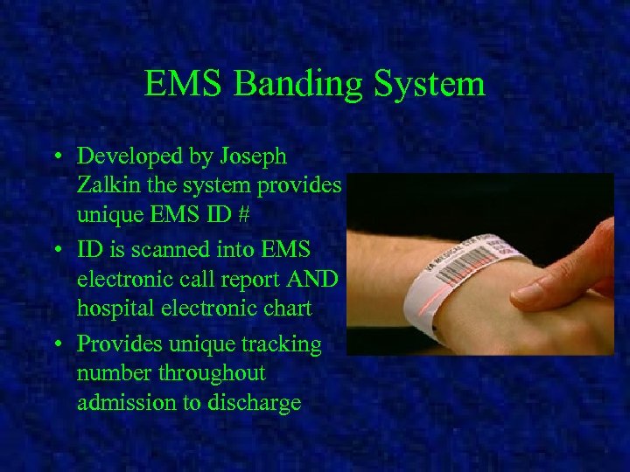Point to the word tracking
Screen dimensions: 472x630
pos(281,344)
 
